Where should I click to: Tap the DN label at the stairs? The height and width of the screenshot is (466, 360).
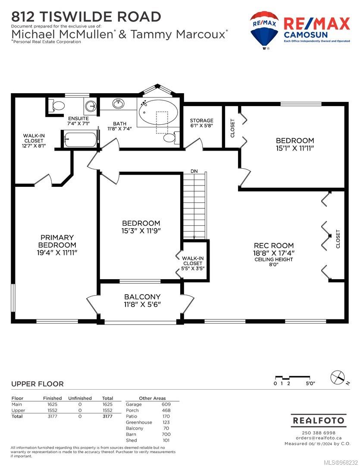[194, 171]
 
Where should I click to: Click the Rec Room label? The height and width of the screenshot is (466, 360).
[274, 246]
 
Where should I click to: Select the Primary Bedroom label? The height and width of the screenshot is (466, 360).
[57, 241]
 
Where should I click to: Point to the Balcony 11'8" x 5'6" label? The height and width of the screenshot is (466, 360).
[142, 300]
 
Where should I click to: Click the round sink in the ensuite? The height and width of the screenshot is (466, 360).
[90, 106]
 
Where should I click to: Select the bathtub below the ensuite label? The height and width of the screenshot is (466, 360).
[81, 139]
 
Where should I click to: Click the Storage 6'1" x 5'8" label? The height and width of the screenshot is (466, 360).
[202, 123]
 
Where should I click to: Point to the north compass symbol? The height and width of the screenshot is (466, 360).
[339, 378]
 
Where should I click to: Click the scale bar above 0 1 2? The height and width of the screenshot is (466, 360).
[293, 378]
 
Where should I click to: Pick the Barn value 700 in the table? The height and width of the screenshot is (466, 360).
[166, 434]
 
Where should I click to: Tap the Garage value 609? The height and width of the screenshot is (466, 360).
[166, 404]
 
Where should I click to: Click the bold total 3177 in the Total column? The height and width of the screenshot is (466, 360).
[107, 416]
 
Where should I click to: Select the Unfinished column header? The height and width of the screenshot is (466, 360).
[80, 398]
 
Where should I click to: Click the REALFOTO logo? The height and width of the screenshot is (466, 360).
[319, 421]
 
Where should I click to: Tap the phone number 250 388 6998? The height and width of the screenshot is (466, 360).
[319, 433]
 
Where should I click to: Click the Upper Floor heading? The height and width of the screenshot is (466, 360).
[38, 384]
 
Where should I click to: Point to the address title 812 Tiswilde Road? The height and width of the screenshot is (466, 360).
[86, 17]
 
